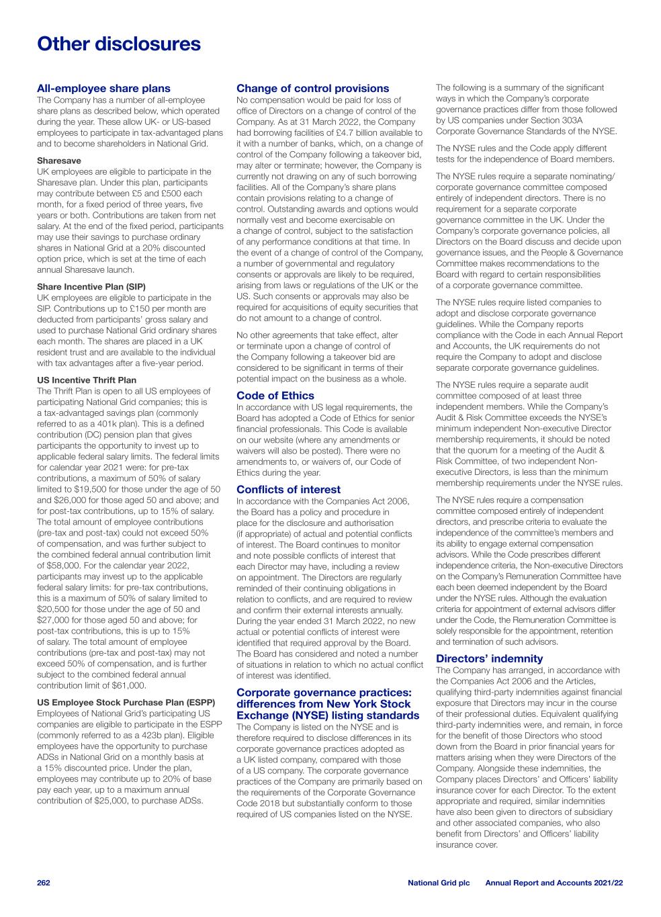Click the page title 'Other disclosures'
click(x=119, y=44)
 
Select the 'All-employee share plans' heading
click(x=103, y=89)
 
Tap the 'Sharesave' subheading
click(x=59, y=161)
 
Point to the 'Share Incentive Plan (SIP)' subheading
click(x=91, y=287)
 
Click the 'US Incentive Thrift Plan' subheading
click(x=87, y=380)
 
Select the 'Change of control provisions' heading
click(x=312, y=89)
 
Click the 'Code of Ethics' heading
click(x=275, y=396)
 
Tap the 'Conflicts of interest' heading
click(x=288, y=490)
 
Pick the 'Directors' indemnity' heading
click(x=489, y=659)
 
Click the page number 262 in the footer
click(x=44, y=882)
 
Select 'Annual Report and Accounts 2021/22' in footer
click(x=554, y=882)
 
